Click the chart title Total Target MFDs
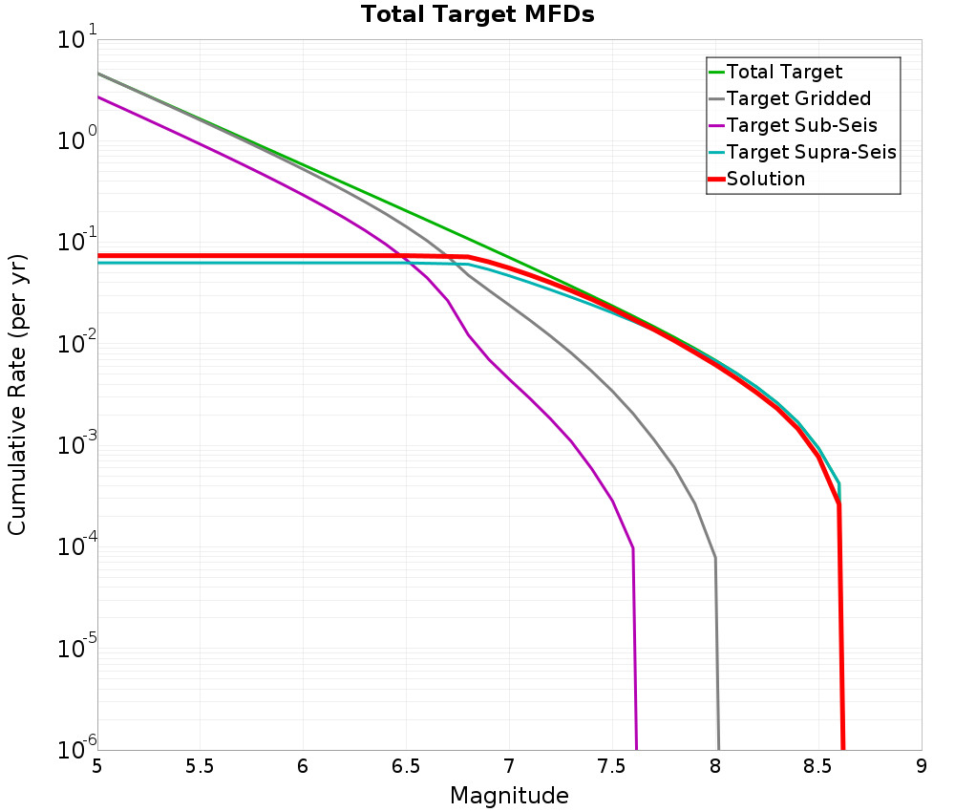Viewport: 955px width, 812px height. tap(477, 15)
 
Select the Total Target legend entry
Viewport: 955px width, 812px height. tap(784, 72)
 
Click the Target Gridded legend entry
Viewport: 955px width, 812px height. tap(798, 98)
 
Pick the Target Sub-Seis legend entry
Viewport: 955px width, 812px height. tap(801, 125)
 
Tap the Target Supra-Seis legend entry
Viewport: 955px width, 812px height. tap(811, 152)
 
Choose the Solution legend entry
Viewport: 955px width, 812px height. tap(765, 179)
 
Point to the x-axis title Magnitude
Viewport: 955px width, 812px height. tap(509, 796)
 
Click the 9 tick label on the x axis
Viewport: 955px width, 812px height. tap(922, 767)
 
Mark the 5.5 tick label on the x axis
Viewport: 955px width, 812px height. tap(200, 767)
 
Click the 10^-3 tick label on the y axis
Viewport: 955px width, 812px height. tap(75, 447)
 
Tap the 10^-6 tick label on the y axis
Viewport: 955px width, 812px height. tap(75, 749)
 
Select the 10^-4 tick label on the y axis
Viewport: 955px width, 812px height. tap(75, 548)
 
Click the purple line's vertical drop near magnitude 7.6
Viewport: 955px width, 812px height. tap(634, 650)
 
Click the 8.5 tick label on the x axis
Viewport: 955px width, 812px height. tap(818, 767)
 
